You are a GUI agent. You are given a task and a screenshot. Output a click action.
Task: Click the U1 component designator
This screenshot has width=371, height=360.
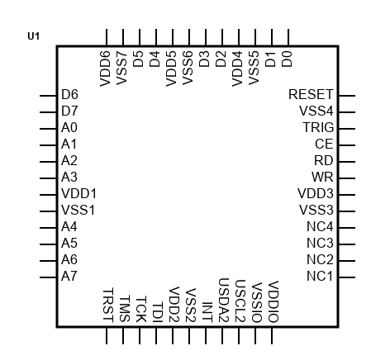click(x=34, y=36)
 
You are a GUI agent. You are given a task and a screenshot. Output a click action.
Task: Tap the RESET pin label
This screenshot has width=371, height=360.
click(x=311, y=94)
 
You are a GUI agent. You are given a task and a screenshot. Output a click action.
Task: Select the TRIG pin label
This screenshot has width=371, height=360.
click(x=318, y=127)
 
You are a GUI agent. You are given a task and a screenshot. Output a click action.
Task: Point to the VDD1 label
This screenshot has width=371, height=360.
click(x=78, y=193)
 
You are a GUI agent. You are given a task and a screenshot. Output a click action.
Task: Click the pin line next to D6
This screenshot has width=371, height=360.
click(x=48, y=96)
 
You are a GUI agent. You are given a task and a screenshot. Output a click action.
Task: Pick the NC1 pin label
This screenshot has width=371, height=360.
click(x=320, y=276)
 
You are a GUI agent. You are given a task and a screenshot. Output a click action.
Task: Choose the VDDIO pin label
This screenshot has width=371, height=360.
click(x=273, y=301)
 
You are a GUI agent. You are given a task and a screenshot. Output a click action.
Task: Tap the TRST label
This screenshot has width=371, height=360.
click(x=108, y=305)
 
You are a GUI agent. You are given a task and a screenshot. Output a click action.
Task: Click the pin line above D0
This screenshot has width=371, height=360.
click(x=288, y=37)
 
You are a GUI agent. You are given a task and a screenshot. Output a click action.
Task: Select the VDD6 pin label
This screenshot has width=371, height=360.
click(x=105, y=69)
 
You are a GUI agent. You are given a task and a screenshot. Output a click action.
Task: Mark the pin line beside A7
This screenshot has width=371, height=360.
click(x=48, y=277)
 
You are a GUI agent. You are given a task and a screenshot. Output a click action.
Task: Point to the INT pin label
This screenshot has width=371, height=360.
click(x=207, y=312)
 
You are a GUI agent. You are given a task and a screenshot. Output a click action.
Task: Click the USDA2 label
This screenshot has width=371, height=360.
click(x=224, y=301)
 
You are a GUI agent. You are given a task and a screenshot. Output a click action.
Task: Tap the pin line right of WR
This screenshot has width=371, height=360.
click(x=347, y=178)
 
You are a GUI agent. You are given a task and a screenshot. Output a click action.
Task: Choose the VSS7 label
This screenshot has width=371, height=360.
click(x=121, y=68)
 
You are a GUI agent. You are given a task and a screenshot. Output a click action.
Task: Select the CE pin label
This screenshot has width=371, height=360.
click(x=324, y=144)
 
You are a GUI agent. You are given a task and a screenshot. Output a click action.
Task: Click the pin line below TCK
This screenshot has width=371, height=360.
click(x=140, y=336)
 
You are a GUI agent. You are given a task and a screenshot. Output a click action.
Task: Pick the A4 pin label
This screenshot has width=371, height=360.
click(x=69, y=226)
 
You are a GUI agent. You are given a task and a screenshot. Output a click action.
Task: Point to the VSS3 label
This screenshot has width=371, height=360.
click(x=316, y=210)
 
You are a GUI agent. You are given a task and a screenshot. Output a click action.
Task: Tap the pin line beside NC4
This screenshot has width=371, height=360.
click(x=347, y=228)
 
